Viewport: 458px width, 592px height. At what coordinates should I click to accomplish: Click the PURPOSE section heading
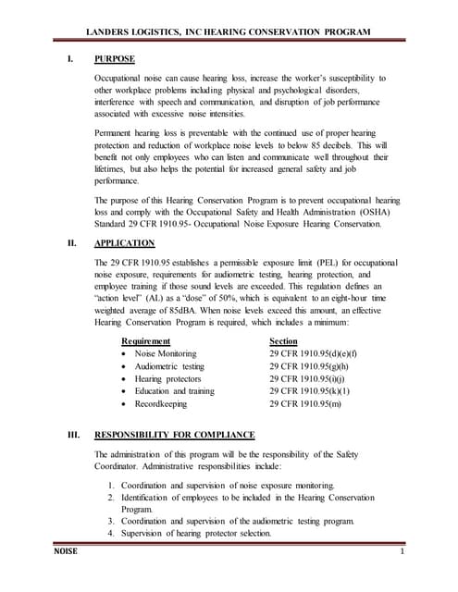tap(115, 60)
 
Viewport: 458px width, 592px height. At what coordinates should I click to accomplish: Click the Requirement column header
tap(139, 341)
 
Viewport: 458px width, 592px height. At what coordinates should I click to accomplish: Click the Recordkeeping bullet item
tap(148, 404)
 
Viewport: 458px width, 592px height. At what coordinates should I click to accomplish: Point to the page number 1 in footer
tap(404, 553)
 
